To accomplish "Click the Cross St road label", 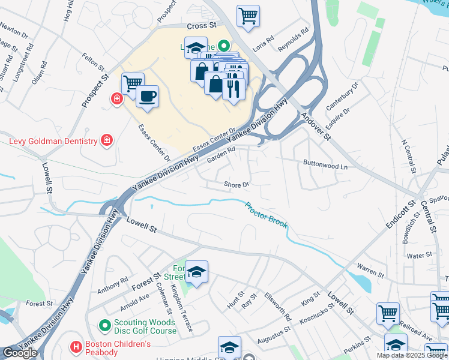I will pos(201,26).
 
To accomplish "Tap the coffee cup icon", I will pos(147,96).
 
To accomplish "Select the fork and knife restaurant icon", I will pos(234,89).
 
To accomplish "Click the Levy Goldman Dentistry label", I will pos(53,141).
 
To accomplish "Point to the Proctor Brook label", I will pos(267,215).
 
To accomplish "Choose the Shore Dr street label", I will pos(236,184).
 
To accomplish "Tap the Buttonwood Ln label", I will pos(325,166).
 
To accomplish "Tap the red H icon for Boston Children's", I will pos(76,347).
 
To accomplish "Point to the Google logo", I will pos(20,353).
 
